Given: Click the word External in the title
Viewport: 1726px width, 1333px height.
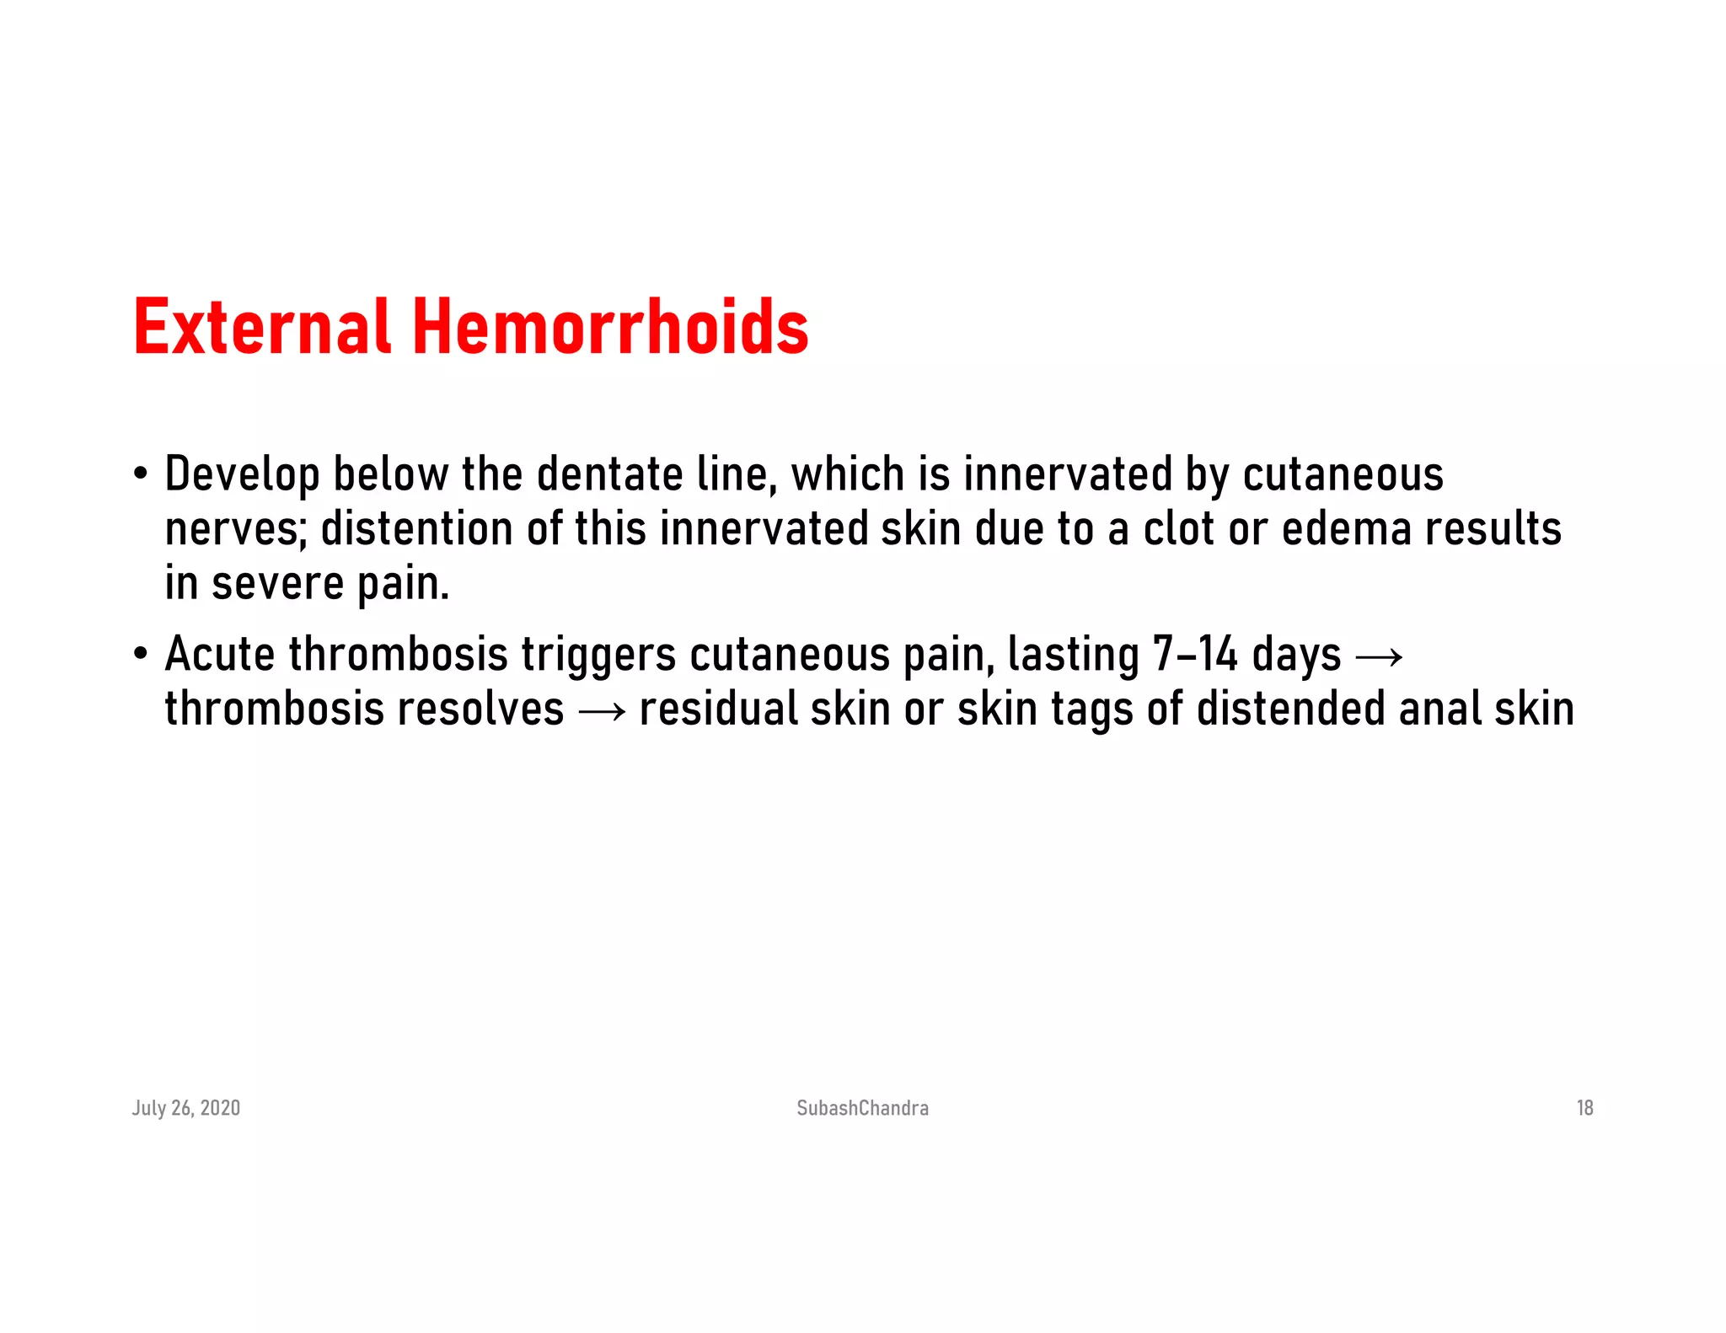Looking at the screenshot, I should pos(261,327).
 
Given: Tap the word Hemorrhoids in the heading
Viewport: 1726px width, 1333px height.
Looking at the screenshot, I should pos(610,327).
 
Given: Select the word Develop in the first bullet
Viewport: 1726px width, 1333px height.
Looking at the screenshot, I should pos(242,474).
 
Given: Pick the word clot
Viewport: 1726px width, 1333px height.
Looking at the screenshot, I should pos(1179,530).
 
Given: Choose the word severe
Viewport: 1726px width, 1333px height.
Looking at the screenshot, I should pos(277,584).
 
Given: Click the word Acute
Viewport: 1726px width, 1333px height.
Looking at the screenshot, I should pos(219,655).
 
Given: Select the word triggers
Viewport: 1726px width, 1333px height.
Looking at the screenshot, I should pos(598,655).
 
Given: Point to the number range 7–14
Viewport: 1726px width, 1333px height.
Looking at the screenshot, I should pos(1194,655).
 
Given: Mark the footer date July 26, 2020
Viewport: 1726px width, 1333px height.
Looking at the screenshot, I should pos(185,1108).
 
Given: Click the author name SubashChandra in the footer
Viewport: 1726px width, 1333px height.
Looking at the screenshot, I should pos(862,1108).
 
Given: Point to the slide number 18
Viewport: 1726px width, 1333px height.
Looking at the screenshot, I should pos(1584,1108).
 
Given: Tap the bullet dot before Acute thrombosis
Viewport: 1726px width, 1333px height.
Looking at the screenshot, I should pos(140,654).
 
